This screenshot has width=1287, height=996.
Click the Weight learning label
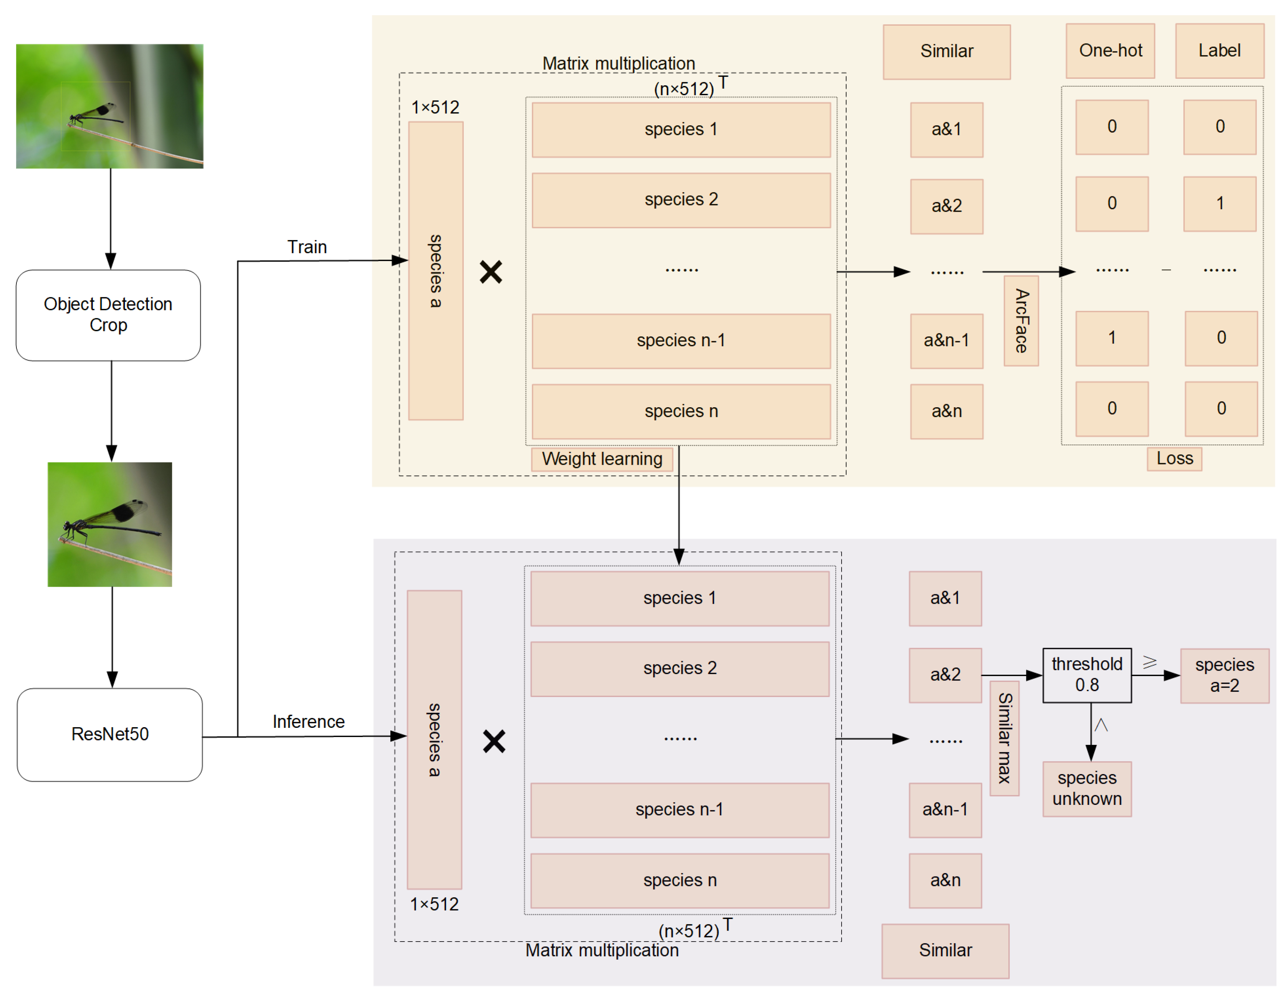pyautogui.click(x=602, y=459)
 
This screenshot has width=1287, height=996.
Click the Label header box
pyautogui.click(x=1219, y=51)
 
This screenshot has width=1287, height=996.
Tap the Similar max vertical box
pyautogui.click(x=1004, y=738)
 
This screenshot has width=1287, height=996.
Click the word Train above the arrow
pyautogui.click(x=307, y=247)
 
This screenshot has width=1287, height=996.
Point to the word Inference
pyautogui.click(x=308, y=721)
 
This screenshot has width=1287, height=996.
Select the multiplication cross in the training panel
pyautogui.click(x=491, y=272)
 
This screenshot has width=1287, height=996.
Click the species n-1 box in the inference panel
pyautogui.click(x=679, y=810)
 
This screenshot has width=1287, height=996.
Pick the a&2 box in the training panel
pyautogui.click(x=946, y=206)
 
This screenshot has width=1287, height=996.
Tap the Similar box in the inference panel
pyautogui.click(x=945, y=950)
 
